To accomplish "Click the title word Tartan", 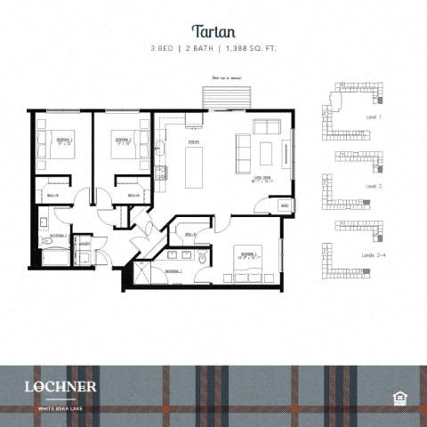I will click(x=213, y=30).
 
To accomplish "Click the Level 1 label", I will click(x=374, y=117).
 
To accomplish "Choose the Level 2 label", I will click(x=374, y=187).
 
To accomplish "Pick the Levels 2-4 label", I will click(x=374, y=254).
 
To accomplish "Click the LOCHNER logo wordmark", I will click(x=61, y=386).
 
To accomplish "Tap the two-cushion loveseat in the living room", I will click(x=267, y=126).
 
